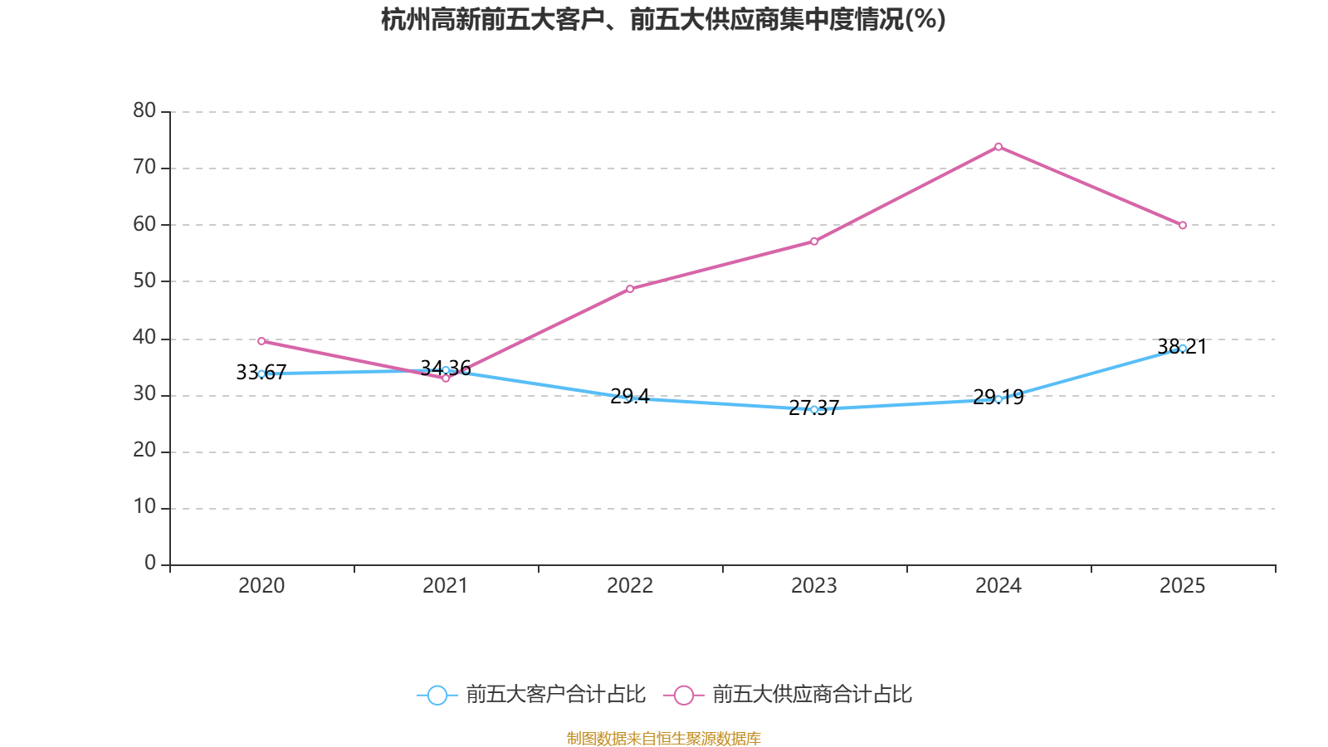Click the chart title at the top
663,20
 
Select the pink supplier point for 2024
998,147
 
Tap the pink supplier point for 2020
261,341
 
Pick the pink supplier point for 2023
814,242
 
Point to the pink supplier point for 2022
630,289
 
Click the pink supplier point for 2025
1183,225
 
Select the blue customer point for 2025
1183,349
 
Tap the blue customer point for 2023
814,409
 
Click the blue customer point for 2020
261,374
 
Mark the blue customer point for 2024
998,399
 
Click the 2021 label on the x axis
446,586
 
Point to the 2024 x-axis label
998,586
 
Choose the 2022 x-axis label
630,586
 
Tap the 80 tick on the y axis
144,111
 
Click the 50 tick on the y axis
144,281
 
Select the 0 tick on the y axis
150,564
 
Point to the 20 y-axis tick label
144,451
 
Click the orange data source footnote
663,738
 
